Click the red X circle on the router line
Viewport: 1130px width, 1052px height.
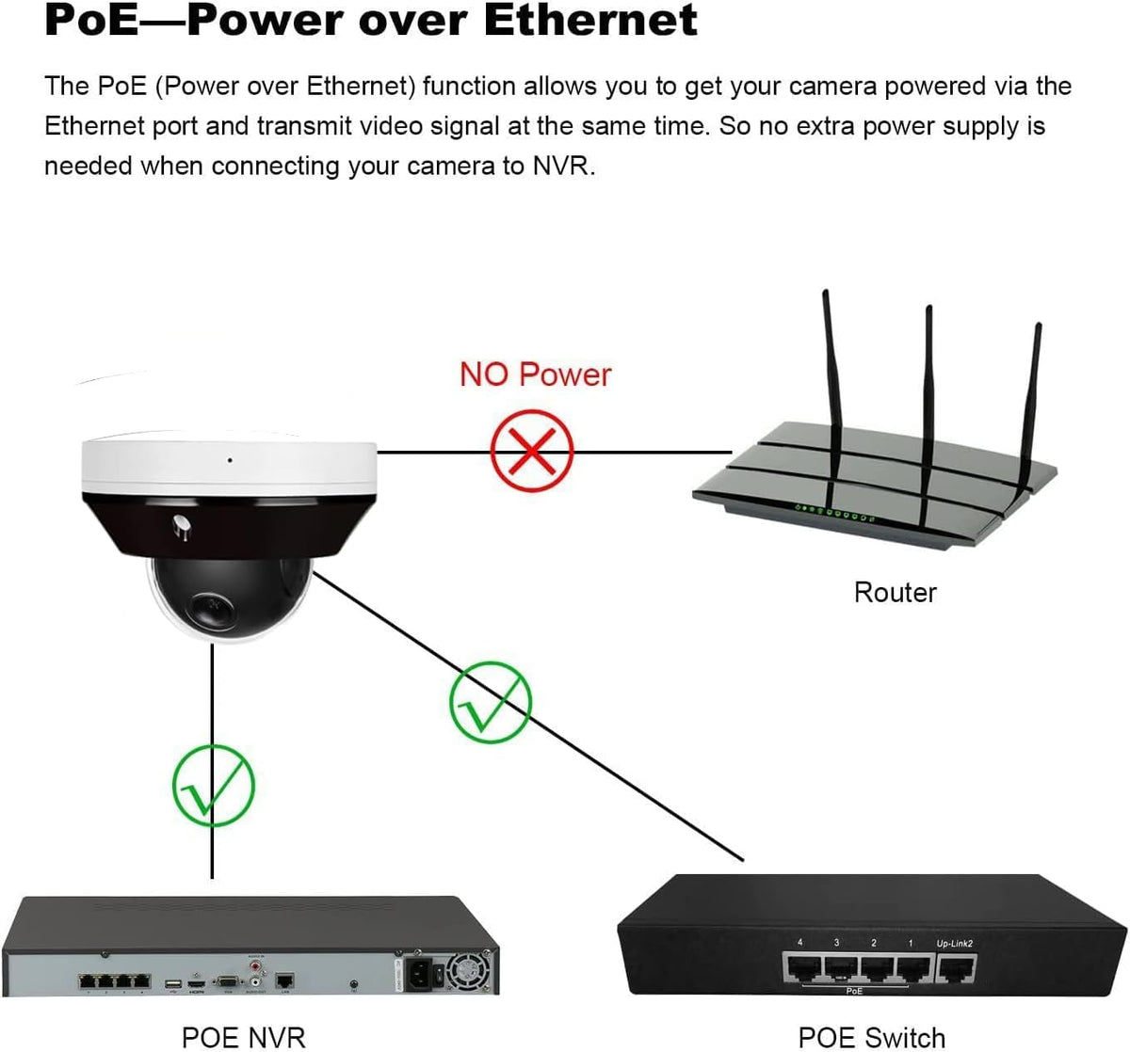tap(532, 451)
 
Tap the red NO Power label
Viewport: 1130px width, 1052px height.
tap(535, 375)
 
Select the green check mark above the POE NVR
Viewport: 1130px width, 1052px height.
tap(214, 786)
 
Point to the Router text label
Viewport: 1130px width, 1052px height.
tap(895, 592)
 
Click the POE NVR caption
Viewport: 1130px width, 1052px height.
tap(243, 1037)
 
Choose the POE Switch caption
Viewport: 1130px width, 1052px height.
tap(871, 1037)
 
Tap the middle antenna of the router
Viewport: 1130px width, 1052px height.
tap(928, 395)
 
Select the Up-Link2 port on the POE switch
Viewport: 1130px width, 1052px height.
tap(956, 968)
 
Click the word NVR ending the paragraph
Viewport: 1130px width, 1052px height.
tap(561, 166)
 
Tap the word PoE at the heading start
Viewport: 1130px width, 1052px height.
tap(90, 21)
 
